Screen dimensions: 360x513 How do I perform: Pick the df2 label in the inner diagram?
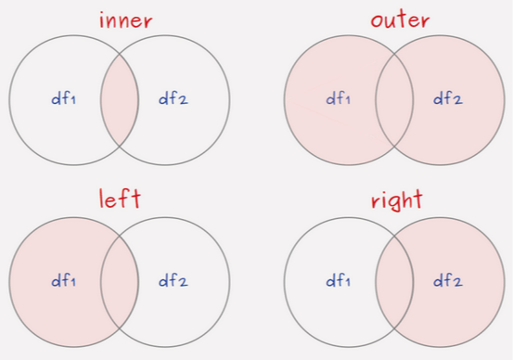click(x=173, y=98)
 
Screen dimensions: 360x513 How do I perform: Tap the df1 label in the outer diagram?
click(x=338, y=98)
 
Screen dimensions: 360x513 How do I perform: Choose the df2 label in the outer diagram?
click(x=449, y=98)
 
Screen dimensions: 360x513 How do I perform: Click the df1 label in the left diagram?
click(x=62, y=279)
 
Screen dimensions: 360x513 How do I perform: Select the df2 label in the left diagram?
click(x=173, y=279)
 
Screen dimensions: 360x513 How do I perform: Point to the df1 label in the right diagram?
click(x=338, y=279)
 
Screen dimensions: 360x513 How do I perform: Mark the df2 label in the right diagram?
click(x=449, y=279)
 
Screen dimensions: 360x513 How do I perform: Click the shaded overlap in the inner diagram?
click(x=119, y=98)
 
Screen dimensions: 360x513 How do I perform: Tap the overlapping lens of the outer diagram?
click(x=394, y=98)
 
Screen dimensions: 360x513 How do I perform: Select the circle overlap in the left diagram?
click(x=119, y=279)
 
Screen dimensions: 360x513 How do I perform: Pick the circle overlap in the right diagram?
click(x=394, y=279)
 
